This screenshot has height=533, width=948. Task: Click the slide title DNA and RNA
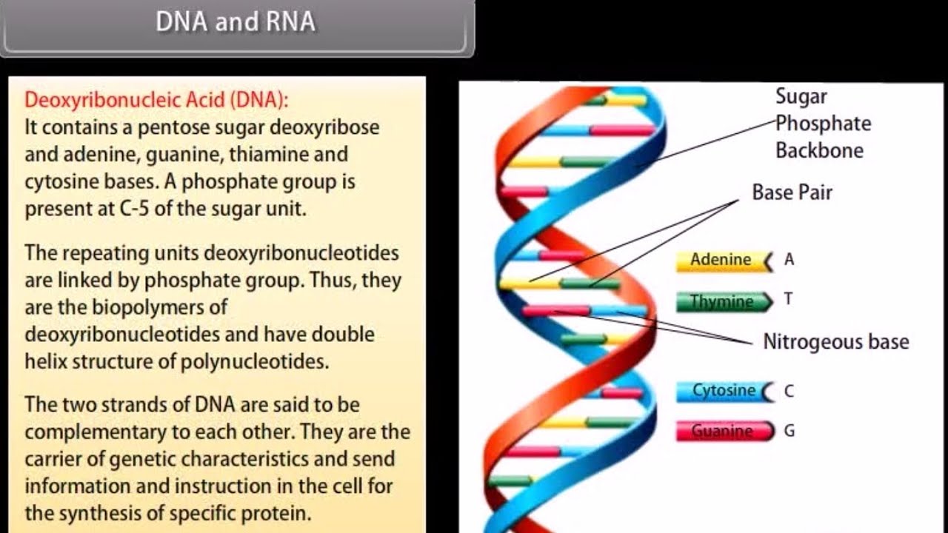point(236,22)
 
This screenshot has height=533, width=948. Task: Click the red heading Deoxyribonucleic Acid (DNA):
point(156,99)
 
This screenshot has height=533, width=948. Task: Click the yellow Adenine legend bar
point(721,261)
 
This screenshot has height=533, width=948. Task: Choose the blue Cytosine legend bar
point(723,391)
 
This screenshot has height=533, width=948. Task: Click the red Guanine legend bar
point(722,431)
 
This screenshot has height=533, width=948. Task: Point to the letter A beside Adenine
point(789,259)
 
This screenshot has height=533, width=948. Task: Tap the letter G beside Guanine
point(790,430)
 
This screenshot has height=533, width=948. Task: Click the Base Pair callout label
point(792,192)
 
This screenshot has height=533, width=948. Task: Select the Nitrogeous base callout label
point(835,342)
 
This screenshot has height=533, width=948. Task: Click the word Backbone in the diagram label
point(819,151)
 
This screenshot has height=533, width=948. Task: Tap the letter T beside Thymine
point(788,299)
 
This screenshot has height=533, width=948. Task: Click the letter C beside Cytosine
point(789,390)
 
